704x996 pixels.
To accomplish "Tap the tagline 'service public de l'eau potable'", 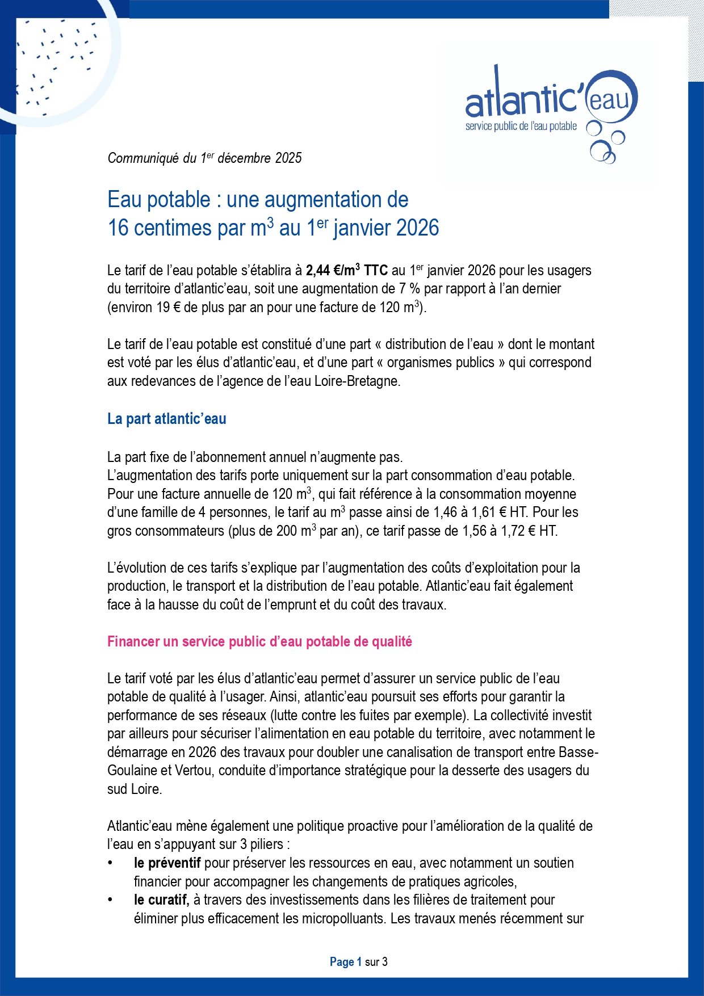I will pyautogui.click(x=521, y=126).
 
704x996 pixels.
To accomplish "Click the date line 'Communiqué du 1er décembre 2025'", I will pyautogui.click(x=204, y=158).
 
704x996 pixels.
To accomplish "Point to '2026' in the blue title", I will pyautogui.click(x=417, y=228).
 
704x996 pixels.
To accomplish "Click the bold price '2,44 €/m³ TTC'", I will pyautogui.click(x=346, y=270).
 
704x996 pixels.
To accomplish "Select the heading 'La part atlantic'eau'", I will pyautogui.click(x=167, y=419).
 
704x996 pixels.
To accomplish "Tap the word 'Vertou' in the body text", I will pyautogui.click(x=194, y=771).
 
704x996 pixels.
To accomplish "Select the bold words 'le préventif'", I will pyautogui.click(x=167, y=863).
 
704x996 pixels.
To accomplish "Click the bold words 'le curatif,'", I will pyautogui.click(x=161, y=900).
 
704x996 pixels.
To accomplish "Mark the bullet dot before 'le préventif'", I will pyautogui.click(x=111, y=863).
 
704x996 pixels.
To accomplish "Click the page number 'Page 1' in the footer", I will pyautogui.click(x=345, y=962).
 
